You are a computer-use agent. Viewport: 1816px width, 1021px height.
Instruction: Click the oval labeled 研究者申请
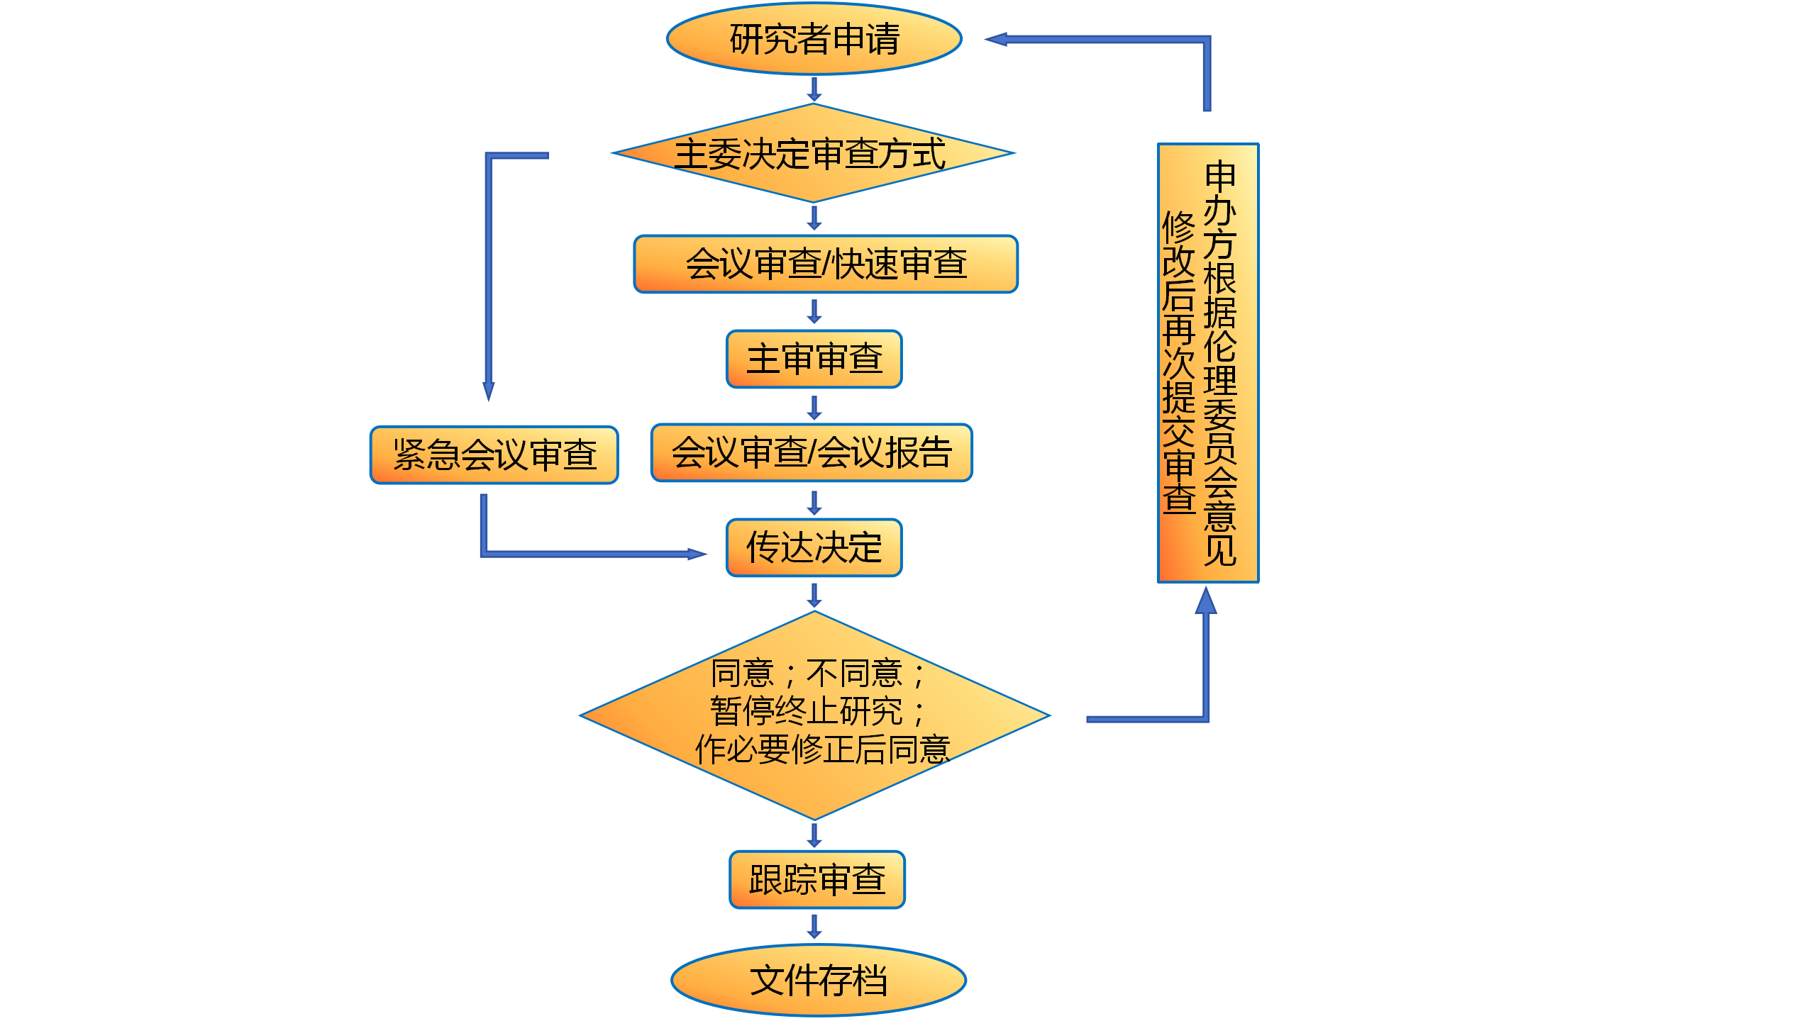[814, 39]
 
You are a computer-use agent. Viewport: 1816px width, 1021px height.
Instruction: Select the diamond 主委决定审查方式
[813, 153]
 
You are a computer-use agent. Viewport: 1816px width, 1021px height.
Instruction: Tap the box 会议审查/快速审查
[826, 264]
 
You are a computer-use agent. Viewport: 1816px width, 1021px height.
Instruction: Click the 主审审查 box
[814, 359]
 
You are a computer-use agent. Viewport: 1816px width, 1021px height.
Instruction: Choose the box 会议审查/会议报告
[812, 452]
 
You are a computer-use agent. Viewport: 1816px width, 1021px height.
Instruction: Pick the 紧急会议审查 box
[494, 454]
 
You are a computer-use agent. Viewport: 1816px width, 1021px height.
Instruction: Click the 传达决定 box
[814, 547]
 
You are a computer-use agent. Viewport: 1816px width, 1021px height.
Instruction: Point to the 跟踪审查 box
[817, 879]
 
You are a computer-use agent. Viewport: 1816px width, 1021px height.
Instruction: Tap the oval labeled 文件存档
[819, 980]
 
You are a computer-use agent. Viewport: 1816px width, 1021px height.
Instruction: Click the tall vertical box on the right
[1208, 363]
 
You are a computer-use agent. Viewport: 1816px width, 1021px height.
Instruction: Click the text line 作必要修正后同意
[823, 749]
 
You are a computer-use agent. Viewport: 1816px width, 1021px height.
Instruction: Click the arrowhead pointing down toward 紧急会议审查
[489, 391]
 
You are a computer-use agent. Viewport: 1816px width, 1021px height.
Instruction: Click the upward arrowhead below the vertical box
[1206, 601]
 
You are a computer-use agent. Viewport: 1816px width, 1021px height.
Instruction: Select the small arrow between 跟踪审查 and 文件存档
[814, 927]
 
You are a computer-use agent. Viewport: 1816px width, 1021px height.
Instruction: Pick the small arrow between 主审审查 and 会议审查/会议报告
[814, 407]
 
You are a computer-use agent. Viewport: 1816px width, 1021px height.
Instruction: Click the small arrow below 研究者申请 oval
[814, 89]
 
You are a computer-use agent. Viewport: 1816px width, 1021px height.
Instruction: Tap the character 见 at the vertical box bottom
[1220, 550]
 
